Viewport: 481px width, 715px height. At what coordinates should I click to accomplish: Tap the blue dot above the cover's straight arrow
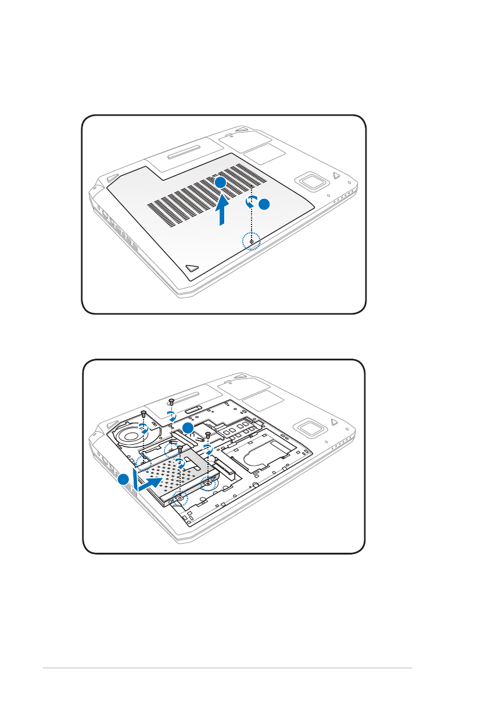(219, 183)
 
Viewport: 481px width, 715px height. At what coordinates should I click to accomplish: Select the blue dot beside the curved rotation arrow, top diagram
(264, 205)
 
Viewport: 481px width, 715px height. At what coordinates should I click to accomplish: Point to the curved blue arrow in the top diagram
(250, 202)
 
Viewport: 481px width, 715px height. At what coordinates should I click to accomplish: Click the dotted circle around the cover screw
(251, 241)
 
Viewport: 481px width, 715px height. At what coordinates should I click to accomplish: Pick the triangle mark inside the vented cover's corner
(193, 268)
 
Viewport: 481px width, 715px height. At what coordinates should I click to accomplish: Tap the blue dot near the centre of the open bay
(188, 429)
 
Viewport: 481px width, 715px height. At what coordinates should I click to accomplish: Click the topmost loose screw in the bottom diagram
(172, 401)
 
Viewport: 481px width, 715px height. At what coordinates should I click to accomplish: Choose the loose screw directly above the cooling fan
(143, 414)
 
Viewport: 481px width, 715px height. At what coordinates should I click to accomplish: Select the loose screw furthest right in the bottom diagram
(207, 435)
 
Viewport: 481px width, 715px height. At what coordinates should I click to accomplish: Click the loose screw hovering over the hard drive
(181, 449)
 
